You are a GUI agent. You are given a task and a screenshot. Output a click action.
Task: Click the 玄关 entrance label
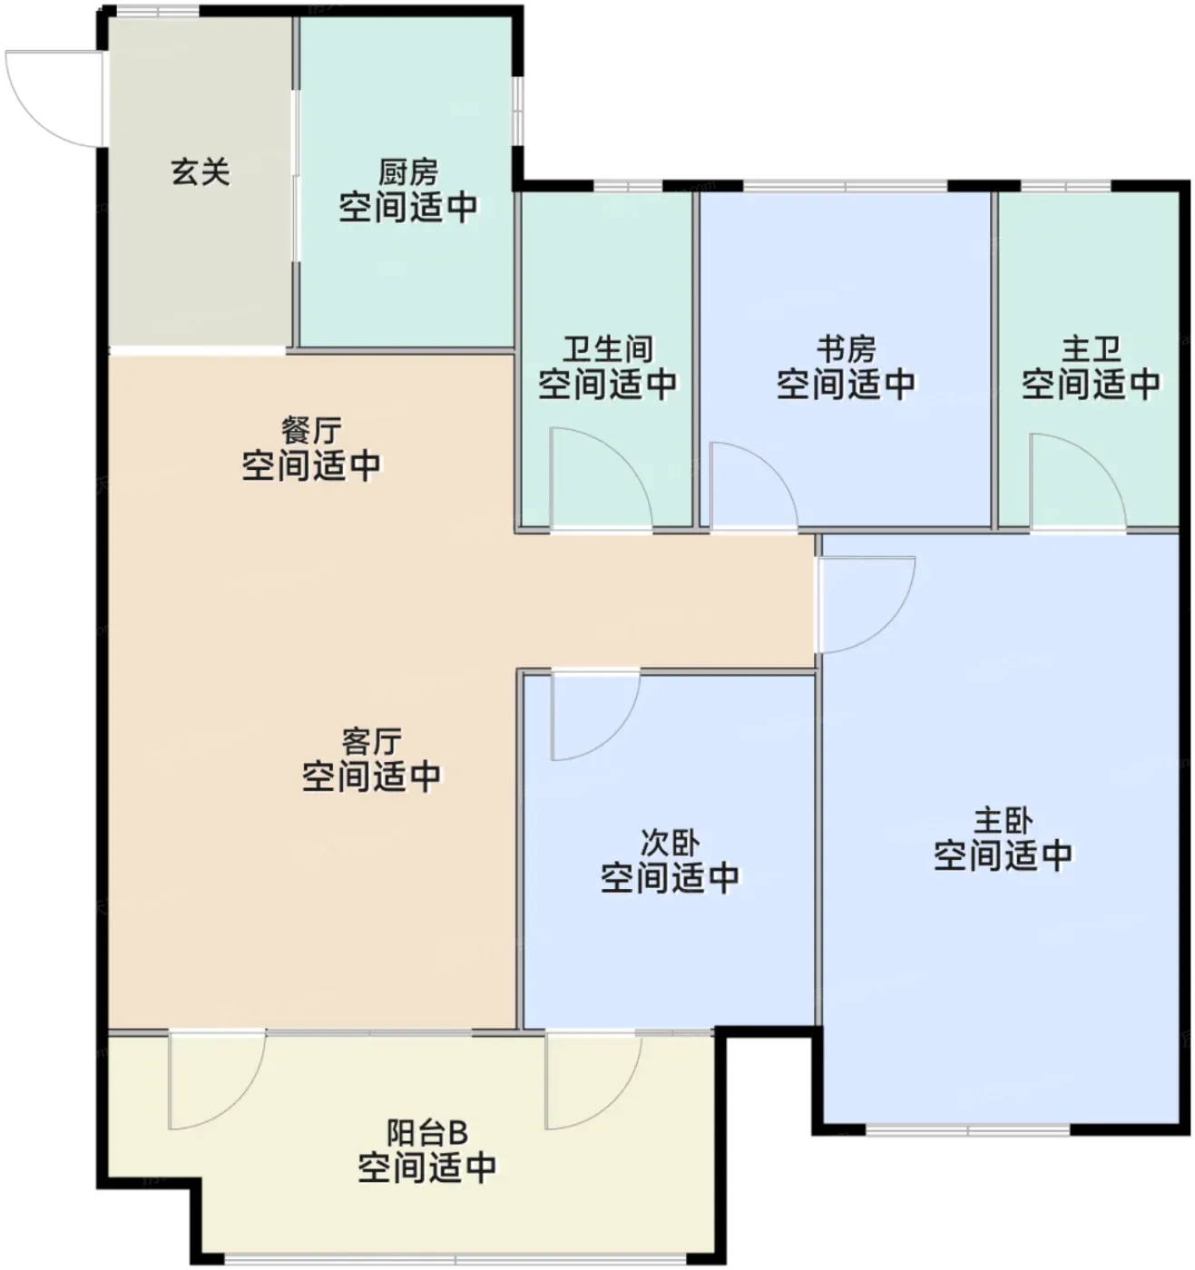(201, 172)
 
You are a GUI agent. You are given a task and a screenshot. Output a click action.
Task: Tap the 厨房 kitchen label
(408, 171)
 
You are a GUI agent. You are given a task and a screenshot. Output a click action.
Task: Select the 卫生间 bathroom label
(608, 349)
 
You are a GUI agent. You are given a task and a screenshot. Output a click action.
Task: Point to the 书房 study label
(846, 349)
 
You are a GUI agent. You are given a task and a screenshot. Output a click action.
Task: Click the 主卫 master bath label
(1092, 349)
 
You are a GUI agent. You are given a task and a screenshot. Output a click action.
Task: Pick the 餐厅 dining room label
(311, 430)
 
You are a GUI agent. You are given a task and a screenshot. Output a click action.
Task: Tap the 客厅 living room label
(372, 742)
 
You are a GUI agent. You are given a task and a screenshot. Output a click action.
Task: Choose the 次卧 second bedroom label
(670, 843)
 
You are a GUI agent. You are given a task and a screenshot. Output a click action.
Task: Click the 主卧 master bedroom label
(1003, 820)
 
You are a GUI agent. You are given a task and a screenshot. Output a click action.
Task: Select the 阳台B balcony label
(427, 1133)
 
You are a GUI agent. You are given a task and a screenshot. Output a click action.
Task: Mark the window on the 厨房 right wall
(518, 111)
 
